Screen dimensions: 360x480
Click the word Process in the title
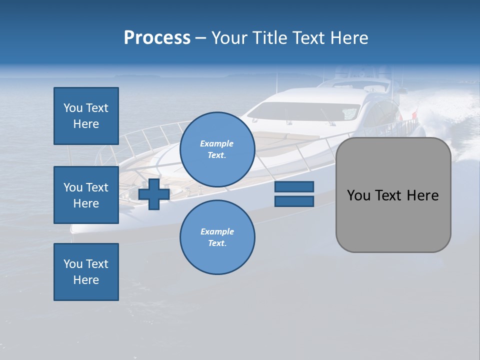157,38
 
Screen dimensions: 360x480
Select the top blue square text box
86,116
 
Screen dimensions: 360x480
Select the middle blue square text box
86,195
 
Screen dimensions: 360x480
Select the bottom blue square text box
86,272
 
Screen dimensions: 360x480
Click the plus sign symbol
154,194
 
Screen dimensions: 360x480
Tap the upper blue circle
217,149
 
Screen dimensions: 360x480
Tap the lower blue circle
217,237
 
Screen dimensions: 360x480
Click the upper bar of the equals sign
294,187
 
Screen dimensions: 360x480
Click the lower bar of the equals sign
294,201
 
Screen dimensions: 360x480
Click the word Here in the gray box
422,195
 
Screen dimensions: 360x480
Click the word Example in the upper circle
216,143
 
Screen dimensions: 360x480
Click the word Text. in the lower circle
217,243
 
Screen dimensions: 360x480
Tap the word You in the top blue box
72,108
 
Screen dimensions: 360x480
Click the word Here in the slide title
348,38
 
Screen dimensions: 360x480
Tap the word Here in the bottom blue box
86,280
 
